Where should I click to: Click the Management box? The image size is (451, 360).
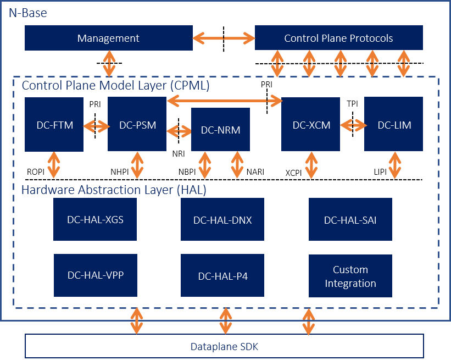click(x=108, y=38)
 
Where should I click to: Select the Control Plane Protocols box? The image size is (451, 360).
click(x=338, y=38)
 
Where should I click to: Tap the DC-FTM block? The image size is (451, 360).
click(x=54, y=125)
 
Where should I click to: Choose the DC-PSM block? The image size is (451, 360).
click(x=137, y=125)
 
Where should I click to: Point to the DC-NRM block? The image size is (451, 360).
click(x=220, y=130)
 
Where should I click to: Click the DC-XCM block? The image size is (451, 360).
click(x=310, y=125)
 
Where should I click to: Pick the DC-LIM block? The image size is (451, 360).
click(x=393, y=125)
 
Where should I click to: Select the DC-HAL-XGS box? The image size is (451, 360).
click(x=95, y=219)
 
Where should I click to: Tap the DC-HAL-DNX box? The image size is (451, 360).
click(x=222, y=220)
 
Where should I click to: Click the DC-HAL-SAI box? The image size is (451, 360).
click(x=350, y=219)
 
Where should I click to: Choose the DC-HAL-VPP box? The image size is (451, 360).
click(x=95, y=275)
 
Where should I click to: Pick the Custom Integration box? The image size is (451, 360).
click(x=350, y=276)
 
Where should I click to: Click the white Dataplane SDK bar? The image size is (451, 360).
click(x=224, y=346)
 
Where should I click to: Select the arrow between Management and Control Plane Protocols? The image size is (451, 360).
click(x=224, y=38)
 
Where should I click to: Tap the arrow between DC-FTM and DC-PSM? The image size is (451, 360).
click(x=96, y=126)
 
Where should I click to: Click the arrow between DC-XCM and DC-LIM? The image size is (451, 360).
click(x=352, y=125)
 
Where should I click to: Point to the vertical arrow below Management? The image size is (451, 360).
click(x=109, y=63)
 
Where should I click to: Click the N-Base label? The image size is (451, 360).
click(x=27, y=12)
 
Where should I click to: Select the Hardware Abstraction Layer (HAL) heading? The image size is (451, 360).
click(x=114, y=190)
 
